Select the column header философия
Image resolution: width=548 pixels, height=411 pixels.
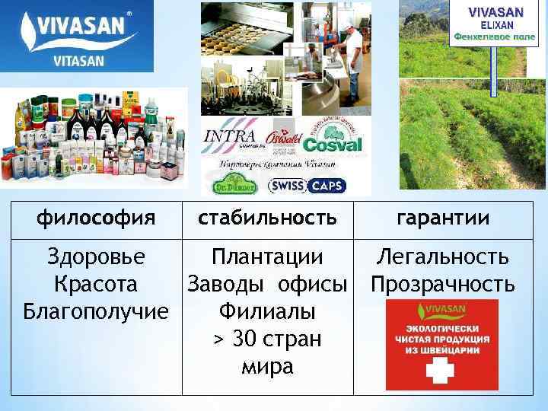(94, 218)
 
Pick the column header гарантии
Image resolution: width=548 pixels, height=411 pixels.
(443, 218)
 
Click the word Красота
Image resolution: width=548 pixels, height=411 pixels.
(95, 284)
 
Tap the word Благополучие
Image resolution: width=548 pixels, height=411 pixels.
(95, 311)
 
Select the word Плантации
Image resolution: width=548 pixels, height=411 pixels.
(267, 256)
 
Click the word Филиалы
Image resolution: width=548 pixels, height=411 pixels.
(267, 311)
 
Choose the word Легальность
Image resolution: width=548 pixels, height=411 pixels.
(443, 256)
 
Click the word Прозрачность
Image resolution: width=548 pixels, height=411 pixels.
(443, 284)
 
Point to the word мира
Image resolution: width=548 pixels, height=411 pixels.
(267, 366)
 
